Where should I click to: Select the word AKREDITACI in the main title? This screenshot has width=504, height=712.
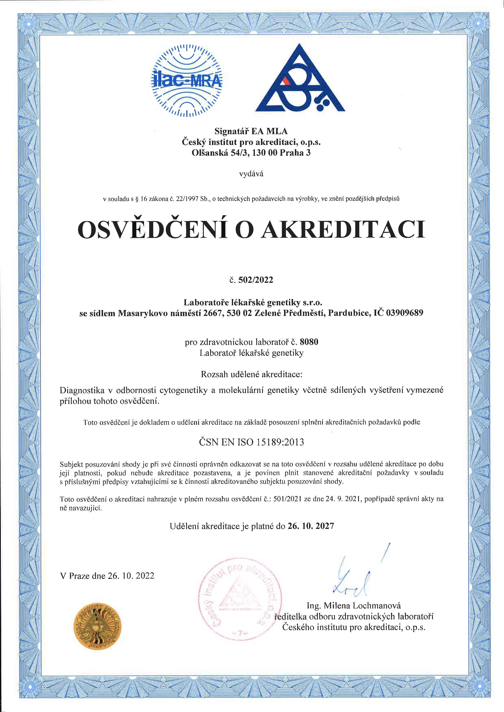[x=342, y=230]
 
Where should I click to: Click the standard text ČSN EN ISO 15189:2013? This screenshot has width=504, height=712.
[x=251, y=442]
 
